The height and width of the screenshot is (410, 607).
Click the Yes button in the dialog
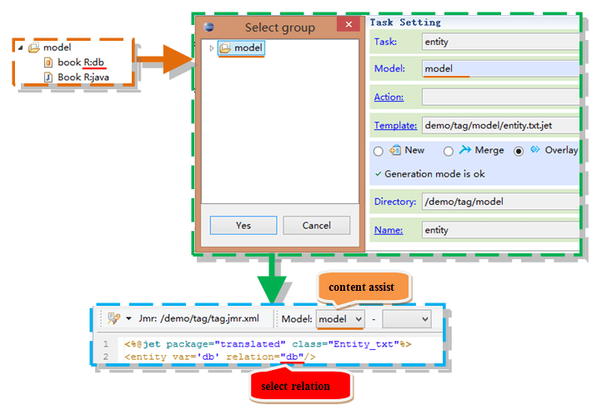(x=243, y=225)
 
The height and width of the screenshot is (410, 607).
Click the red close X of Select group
(x=349, y=24)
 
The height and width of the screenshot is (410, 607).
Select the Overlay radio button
(x=519, y=151)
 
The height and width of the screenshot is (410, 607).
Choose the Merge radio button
(x=449, y=151)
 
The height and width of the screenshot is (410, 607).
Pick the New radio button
(x=379, y=151)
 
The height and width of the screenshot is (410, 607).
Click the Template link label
(x=395, y=125)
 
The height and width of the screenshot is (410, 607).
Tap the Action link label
(x=389, y=97)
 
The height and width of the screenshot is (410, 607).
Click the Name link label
(x=389, y=230)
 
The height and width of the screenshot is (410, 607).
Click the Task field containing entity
(x=501, y=42)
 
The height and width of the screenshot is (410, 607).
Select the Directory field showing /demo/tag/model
(x=501, y=202)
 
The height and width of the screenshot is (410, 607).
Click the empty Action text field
(x=501, y=97)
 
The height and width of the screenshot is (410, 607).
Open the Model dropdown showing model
(x=340, y=319)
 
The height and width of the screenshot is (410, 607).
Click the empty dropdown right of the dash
(x=407, y=319)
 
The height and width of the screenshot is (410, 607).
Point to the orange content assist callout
(x=363, y=287)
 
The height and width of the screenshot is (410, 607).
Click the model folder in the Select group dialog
(x=241, y=48)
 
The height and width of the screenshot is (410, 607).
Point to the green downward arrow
(x=272, y=278)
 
